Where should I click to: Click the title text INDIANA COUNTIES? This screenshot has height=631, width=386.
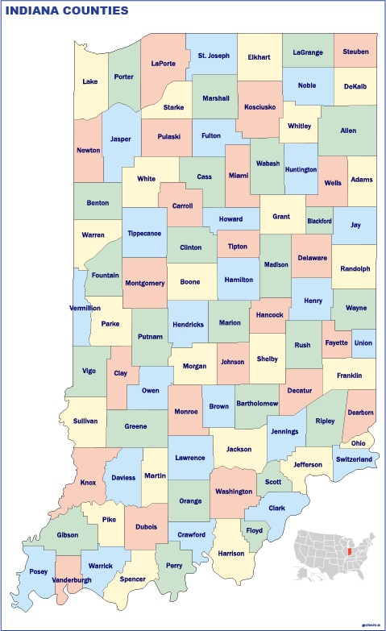point(67,10)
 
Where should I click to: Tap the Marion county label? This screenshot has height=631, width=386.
point(230,323)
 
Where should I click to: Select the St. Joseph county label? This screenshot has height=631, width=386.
point(214,56)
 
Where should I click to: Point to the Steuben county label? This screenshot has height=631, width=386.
point(355,52)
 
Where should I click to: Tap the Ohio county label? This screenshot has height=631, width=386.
point(358,442)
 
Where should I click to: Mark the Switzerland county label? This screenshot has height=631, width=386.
point(354,459)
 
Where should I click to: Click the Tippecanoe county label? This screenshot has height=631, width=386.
point(144,234)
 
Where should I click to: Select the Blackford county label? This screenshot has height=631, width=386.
point(319,220)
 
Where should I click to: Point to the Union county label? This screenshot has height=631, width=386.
point(363,342)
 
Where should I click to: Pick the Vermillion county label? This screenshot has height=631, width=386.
point(84,308)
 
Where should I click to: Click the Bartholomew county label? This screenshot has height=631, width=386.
point(257,403)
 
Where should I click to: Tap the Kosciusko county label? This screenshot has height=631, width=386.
point(259,106)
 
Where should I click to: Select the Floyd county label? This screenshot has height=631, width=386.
point(255,531)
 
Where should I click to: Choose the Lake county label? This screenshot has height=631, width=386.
point(89,81)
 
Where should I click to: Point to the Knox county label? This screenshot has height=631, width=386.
point(88,484)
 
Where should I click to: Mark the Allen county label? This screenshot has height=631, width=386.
point(348,130)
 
